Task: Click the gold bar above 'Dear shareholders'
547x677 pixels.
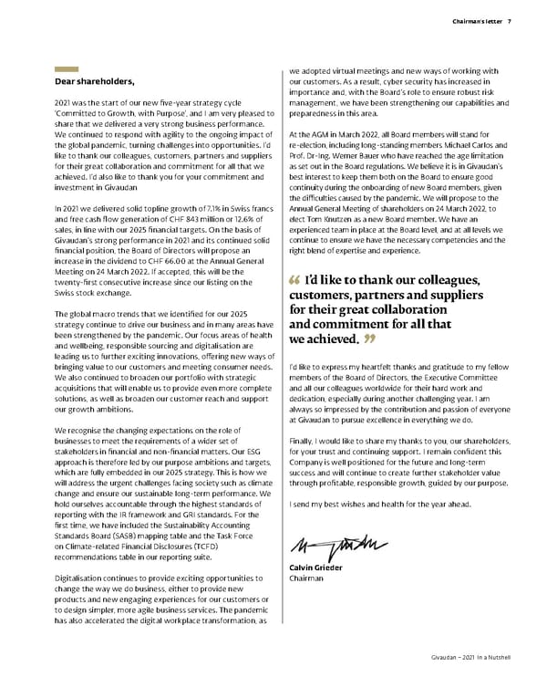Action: (x=67, y=69)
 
